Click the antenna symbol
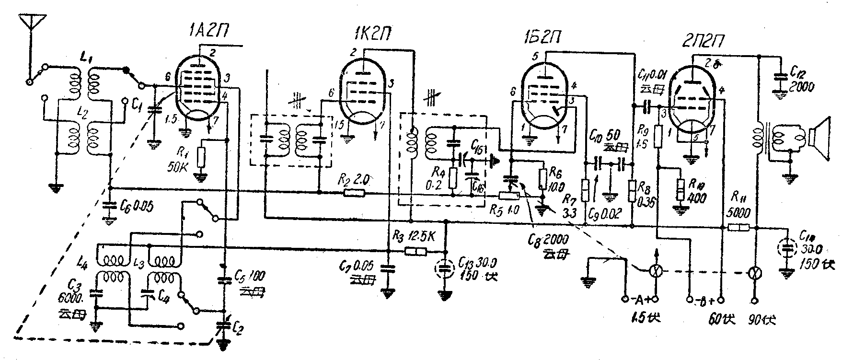tap(32, 23)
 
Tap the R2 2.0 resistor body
tap(354, 194)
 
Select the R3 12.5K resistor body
tap(415, 251)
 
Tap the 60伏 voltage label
tap(720, 318)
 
